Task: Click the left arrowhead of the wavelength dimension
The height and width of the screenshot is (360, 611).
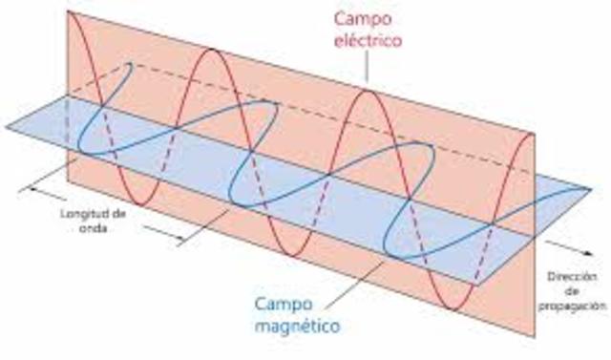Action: tap(32, 188)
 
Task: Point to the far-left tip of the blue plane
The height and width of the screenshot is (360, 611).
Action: tap(5, 125)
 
